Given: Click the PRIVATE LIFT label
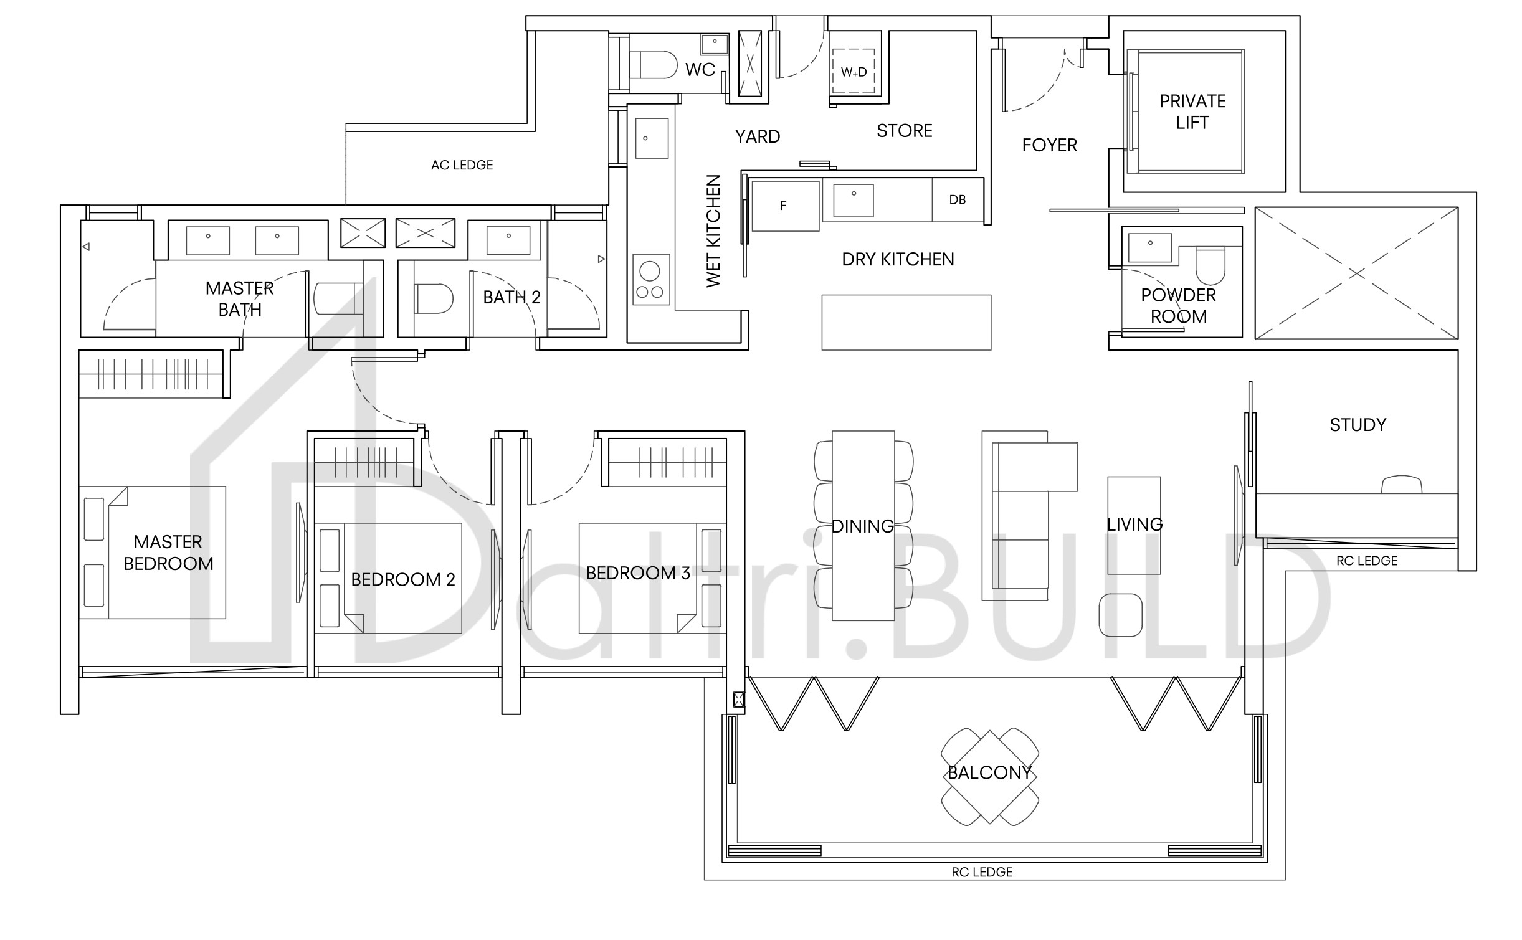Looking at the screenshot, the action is (1192, 112).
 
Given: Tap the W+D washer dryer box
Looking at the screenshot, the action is (854, 71).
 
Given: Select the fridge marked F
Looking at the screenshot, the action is (785, 206).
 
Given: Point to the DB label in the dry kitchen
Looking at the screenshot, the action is (957, 200).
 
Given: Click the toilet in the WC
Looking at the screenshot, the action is (654, 65).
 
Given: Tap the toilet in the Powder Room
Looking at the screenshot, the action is (1210, 265).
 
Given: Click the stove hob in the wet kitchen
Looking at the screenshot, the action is (651, 279).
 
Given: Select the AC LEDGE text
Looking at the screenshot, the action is (462, 165).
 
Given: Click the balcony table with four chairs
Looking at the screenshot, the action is (989, 777).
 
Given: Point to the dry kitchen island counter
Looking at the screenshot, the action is (906, 322).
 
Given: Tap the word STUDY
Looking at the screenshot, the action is (1358, 425).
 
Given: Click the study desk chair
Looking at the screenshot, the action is (1402, 485).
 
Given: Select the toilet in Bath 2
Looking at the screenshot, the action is (434, 299).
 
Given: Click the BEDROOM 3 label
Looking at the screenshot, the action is (638, 573).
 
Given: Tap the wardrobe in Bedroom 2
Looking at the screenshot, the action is (364, 462).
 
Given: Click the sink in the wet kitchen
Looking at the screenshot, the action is (652, 138).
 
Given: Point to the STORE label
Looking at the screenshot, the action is (904, 131).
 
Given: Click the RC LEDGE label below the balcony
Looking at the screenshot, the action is (982, 872).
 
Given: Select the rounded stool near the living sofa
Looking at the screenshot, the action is (1120, 615).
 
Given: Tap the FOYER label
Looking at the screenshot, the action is (1049, 145).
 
